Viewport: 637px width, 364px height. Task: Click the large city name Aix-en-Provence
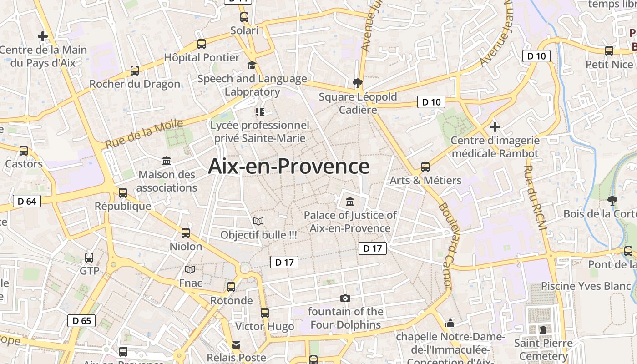(x=288, y=167)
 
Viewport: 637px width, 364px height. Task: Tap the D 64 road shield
(x=27, y=201)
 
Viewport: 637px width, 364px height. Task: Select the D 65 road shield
(x=82, y=320)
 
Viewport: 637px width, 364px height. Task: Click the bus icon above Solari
(x=244, y=18)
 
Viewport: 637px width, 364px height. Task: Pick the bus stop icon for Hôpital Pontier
(x=202, y=44)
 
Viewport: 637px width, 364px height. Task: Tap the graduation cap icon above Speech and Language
(x=252, y=66)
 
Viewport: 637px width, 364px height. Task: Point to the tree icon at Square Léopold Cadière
(x=357, y=83)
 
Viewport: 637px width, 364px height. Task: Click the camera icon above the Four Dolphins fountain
(x=345, y=298)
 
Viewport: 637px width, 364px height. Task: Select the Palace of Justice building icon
(x=350, y=202)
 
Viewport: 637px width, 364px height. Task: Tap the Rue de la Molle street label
(x=144, y=133)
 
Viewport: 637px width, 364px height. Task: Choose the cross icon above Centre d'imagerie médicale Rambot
(x=495, y=127)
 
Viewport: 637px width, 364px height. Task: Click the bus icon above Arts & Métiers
(x=425, y=167)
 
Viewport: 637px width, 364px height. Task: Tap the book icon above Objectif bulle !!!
(x=258, y=222)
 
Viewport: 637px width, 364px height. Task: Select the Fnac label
(x=190, y=283)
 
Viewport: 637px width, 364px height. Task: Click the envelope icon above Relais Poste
(x=236, y=344)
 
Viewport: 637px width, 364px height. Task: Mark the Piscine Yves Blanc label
(x=586, y=286)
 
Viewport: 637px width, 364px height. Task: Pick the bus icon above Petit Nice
(x=609, y=51)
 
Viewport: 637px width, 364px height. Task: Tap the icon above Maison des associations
(x=167, y=161)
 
